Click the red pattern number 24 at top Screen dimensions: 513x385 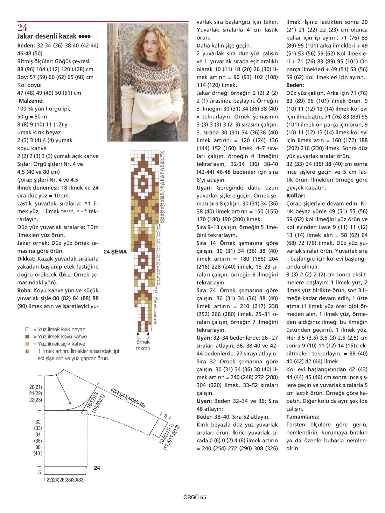tap(22, 28)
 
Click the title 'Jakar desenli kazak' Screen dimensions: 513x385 tap(47, 36)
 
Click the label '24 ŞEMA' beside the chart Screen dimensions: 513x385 tap(115, 252)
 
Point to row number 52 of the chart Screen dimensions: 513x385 tap(162, 152)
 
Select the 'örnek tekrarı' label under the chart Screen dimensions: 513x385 tap(143, 345)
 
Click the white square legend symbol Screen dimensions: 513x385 tap(27, 330)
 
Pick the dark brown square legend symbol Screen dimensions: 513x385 tap(27, 337)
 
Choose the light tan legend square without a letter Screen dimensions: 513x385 tap(27, 344)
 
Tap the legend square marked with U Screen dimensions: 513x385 tap(27, 351)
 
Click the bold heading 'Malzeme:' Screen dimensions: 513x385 tap(31, 101)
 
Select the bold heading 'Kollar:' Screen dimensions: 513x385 tap(296, 196)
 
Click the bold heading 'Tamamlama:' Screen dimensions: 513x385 tap(303, 417)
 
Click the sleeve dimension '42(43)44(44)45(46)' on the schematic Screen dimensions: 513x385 tap(128, 398)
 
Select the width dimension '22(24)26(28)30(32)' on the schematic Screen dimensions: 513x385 tap(65, 480)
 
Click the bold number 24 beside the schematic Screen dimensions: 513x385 tap(97, 468)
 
